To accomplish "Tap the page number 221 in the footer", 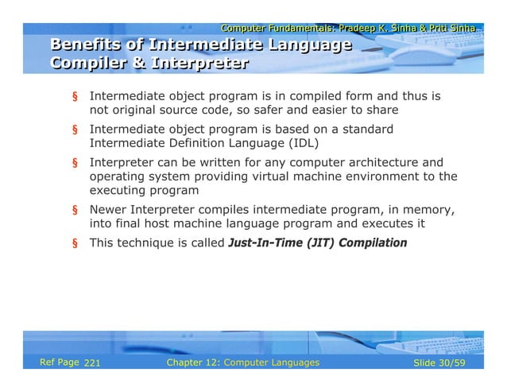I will tap(92, 363).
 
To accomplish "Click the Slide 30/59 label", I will tap(447, 363).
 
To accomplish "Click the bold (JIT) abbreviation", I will tap(319, 243).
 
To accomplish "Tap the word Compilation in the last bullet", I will tap(373, 243).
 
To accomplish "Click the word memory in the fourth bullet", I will tap(430, 210).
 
